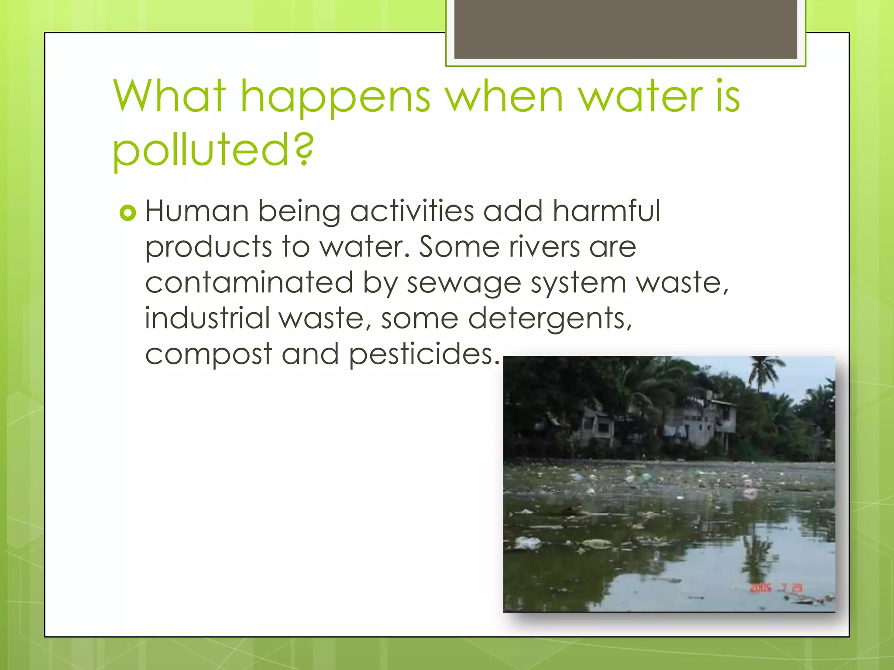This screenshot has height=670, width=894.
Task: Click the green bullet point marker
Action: click(x=128, y=213)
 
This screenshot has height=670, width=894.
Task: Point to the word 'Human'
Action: click(x=197, y=212)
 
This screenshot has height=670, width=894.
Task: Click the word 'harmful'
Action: click(x=606, y=212)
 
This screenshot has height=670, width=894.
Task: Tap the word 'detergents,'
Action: click(x=550, y=319)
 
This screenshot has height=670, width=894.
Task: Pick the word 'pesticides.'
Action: click(x=424, y=355)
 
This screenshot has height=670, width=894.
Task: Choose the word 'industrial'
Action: click(x=207, y=318)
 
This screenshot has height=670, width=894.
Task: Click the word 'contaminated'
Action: click(x=249, y=283)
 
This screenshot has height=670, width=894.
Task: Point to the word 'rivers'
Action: click(x=545, y=247)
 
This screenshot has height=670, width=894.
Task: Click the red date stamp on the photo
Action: click(x=777, y=588)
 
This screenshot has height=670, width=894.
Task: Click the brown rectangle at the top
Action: click(x=626, y=28)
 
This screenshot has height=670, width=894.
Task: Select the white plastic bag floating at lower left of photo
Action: click(x=528, y=543)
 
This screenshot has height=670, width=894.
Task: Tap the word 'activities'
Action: click(x=412, y=212)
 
